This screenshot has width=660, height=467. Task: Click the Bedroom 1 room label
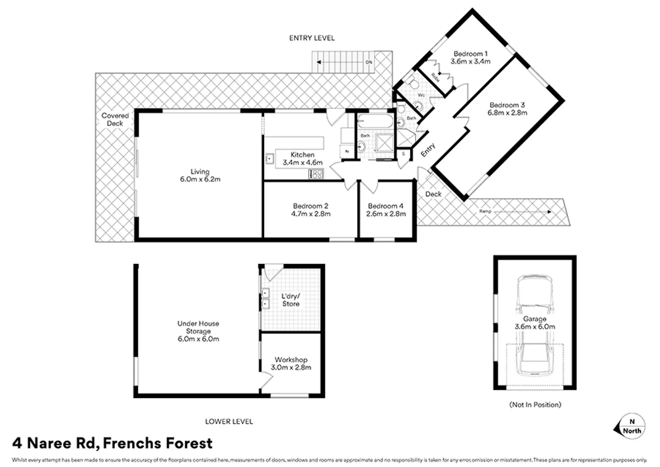(470, 54)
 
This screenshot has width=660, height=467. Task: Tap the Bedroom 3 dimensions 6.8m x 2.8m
(507, 113)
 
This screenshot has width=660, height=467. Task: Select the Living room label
(200, 172)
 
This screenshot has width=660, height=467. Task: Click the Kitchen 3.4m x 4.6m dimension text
(302, 163)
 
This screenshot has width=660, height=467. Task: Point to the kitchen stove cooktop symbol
(316, 174)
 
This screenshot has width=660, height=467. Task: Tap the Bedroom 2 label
(311, 206)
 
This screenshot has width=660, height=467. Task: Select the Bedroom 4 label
(386, 206)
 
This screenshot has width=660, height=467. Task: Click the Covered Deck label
(115, 119)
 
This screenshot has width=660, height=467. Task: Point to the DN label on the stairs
(369, 62)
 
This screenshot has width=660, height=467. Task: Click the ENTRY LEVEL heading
(312, 38)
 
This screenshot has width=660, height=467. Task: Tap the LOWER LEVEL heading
(229, 421)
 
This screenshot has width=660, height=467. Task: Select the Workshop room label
(291, 360)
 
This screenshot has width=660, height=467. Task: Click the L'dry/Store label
(291, 300)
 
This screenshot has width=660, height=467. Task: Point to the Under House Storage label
(198, 327)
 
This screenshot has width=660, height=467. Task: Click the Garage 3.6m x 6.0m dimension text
(535, 327)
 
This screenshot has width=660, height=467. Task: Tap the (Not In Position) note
(535, 405)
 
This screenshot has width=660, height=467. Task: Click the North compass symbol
(630, 426)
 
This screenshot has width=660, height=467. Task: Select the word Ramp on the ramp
(485, 211)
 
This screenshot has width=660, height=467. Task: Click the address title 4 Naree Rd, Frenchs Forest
(113, 443)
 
